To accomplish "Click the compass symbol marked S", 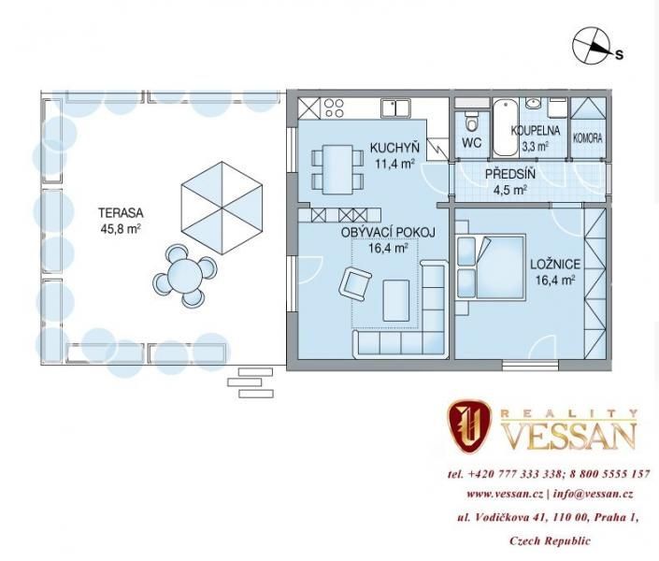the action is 592,46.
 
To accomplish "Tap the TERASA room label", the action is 121,213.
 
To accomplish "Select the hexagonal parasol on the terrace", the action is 222,208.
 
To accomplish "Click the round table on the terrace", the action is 185,276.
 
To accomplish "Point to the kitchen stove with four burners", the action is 335,108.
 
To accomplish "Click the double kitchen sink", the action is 395,108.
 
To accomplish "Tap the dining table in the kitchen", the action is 337,169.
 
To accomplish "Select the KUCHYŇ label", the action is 394,148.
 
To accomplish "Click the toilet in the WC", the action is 471,121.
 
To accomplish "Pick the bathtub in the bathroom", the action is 505,127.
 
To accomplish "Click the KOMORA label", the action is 588,137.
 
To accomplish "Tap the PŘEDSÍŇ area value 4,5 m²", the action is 510,190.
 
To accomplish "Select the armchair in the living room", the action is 355,284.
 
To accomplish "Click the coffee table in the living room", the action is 396,300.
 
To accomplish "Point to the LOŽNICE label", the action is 554,264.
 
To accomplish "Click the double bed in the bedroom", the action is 491,267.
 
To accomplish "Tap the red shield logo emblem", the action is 469,426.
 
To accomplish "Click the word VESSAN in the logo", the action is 570,436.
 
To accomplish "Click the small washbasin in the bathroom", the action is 534,104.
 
